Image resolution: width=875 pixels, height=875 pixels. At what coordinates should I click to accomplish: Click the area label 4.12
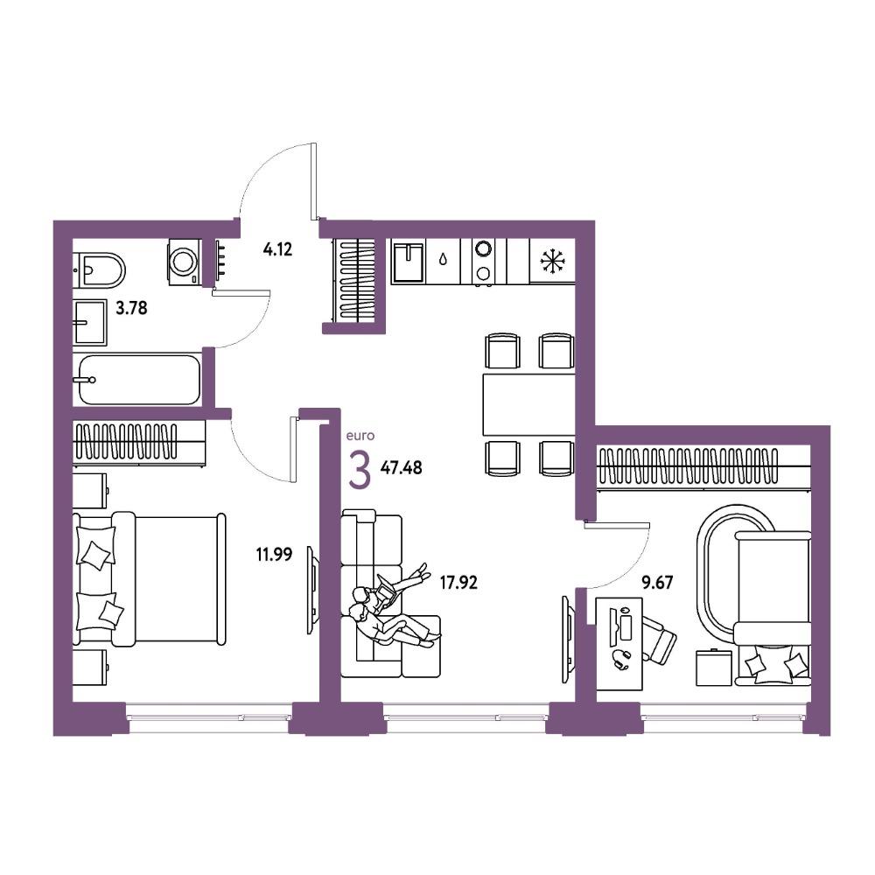(277, 248)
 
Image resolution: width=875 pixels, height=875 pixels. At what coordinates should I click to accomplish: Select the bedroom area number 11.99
(274, 554)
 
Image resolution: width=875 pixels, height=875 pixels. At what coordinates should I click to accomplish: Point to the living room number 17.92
(458, 583)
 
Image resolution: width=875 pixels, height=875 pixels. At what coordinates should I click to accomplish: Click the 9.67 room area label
(657, 583)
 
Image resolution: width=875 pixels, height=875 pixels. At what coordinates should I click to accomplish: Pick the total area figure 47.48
(402, 467)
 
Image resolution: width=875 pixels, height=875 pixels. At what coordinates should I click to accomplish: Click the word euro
(360, 435)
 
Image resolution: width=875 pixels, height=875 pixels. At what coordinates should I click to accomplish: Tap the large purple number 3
(360, 470)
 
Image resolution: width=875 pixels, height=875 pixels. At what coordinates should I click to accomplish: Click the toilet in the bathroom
(100, 270)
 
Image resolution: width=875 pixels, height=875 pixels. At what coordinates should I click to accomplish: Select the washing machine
(184, 262)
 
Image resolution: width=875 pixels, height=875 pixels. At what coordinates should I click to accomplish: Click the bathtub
(138, 380)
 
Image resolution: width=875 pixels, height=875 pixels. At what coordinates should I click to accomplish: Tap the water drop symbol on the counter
(443, 260)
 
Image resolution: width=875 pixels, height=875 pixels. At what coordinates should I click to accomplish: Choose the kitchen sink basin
(409, 261)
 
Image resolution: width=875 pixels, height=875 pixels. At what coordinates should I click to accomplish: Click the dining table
(528, 404)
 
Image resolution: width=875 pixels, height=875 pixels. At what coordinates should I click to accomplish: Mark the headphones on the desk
(621, 659)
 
